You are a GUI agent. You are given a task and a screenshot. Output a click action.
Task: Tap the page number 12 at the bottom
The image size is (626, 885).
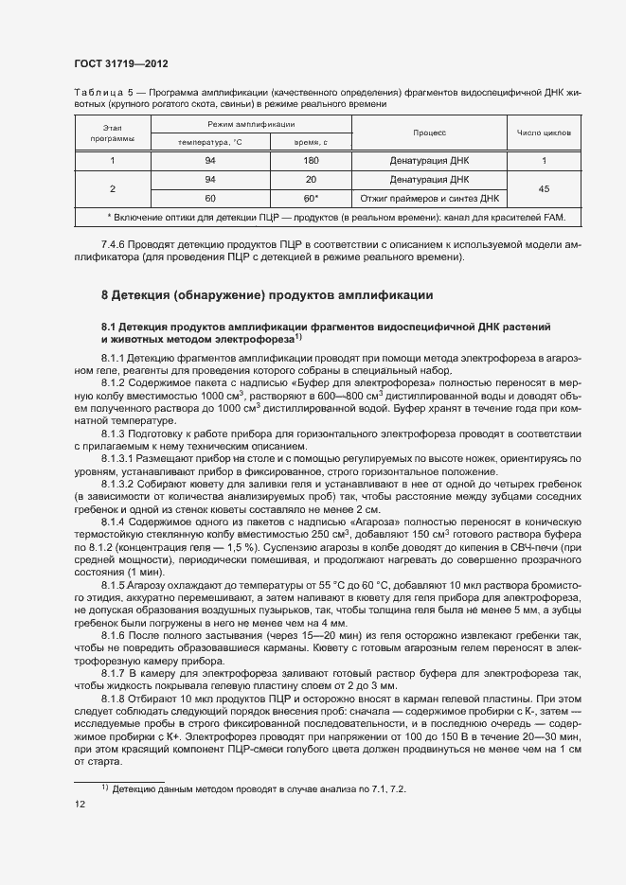tap(80, 804)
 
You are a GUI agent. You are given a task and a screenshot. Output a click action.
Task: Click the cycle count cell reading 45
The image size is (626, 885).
tap(544, 188)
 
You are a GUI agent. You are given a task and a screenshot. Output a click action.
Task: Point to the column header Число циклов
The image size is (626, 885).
tap(544, 133)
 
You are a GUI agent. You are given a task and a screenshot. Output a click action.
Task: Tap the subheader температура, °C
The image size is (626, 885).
tap(210, 142)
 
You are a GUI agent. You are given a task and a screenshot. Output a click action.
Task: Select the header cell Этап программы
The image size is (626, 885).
tap(113, 133)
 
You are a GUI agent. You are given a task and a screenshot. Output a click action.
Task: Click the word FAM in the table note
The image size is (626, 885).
tap(554, 219)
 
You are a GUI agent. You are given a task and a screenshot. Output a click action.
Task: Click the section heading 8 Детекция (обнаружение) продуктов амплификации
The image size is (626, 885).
tap(267, 295)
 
